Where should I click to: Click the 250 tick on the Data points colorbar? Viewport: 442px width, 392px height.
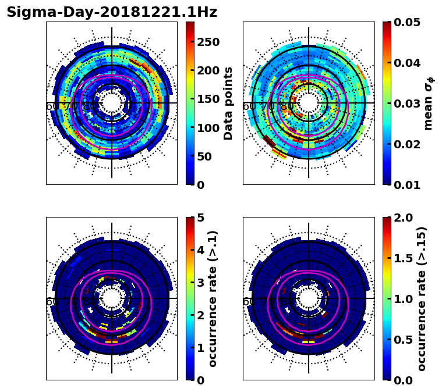pyautogui.click(x=208, y=42)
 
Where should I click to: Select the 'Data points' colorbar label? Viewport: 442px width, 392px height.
pyautogui.click(x=228, y=103)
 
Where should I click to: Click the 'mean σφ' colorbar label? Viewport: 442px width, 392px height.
pyautogui.click(x=429, y=103)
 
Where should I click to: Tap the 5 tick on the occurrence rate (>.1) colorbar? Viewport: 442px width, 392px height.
pyautogui.click(x=201, y=218)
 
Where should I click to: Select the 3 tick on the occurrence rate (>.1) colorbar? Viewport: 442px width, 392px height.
pyautogui.click(x=201, y=283)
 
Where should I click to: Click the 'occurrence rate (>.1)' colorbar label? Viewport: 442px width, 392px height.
pyautogui.click(x=213, y=298)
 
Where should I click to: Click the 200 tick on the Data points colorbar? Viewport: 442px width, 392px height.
pyautogui.click(x=208, y=70)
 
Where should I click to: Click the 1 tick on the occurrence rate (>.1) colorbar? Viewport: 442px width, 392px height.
pyautogui.click(x=201, y=347)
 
